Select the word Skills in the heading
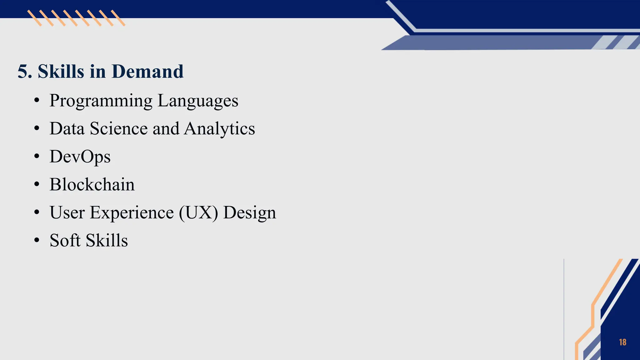[61, 72]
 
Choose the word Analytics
[219, 129]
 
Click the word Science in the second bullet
[119, 128]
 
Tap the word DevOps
[80, 157]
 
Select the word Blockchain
[92, 184]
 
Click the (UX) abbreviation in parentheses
[198, 213]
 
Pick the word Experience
[132, 213]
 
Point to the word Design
[250, 213]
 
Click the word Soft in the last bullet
[65, 240]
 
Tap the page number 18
[622, 342]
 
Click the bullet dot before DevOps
[37, 156]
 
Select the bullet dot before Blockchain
[37, 184]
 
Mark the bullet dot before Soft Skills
[37, 240]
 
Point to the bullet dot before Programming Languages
[37, 101]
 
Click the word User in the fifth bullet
[67, 212]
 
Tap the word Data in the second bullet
[67, 128]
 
